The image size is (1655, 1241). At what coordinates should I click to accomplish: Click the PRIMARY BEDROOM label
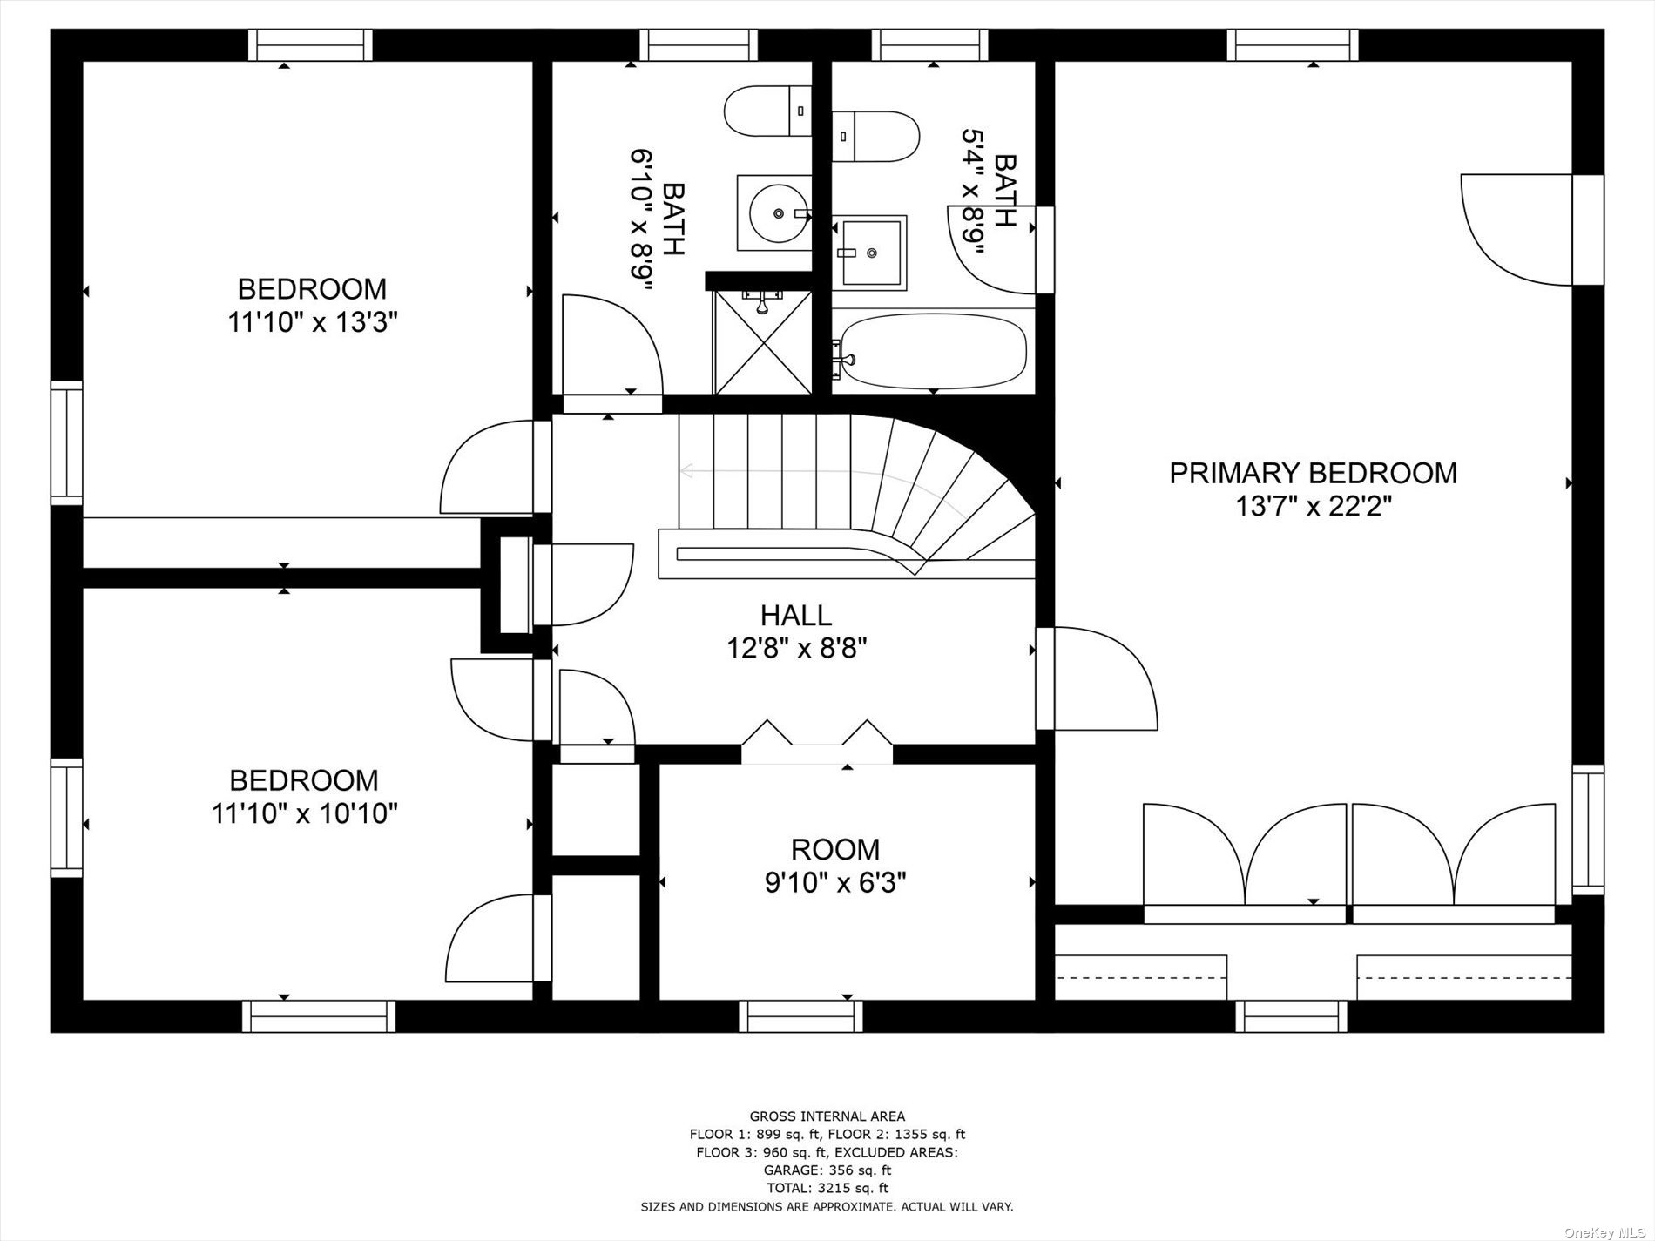[x=1313, y=473]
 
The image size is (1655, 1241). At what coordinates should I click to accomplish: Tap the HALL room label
[x=796, y=616]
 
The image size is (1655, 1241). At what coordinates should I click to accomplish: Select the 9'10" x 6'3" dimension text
[x=835, y=883]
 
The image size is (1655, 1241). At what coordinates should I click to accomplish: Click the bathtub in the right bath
[x=930, y=351]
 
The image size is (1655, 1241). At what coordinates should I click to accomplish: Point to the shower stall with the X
[x=762, y=341]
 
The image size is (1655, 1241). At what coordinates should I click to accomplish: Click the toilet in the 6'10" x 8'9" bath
[x=767, y=111]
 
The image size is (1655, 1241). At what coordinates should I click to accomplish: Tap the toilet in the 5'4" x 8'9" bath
[x=875, y=135]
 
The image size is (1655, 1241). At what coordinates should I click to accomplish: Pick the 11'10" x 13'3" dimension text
[x=313, y=323]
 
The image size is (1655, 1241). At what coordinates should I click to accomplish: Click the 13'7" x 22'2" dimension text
[x=1313, y=506]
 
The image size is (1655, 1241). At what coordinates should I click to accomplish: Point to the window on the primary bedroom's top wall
[x=1293, y=45]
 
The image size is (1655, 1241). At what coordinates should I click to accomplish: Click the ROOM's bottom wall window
[x=800, y=1015]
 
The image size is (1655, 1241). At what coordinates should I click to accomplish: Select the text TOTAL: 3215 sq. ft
[x=827, y=1188]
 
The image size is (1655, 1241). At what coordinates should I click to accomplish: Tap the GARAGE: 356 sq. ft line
[x=827, y=1170]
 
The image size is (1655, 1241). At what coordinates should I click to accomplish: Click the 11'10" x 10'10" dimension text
[x=304, y=814]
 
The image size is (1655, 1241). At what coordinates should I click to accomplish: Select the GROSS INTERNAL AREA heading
[x=827, y=1116]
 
